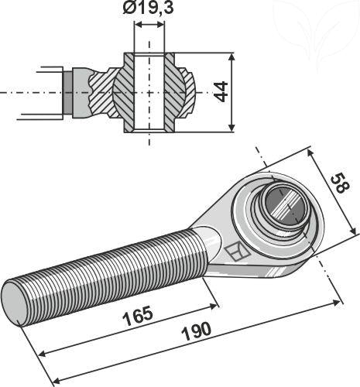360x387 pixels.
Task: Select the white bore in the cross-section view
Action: [149, 91]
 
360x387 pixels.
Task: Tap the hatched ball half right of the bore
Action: [183, 91]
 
